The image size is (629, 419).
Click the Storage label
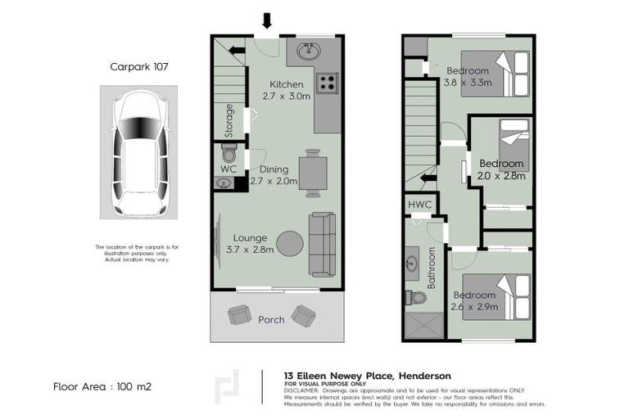point(230,120)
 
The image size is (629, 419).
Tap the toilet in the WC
point(229,154)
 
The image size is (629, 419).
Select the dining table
point(312,173)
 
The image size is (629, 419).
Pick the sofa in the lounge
point(322,243)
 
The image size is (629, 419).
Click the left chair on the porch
point(240,314)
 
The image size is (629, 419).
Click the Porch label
point(271,319)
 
